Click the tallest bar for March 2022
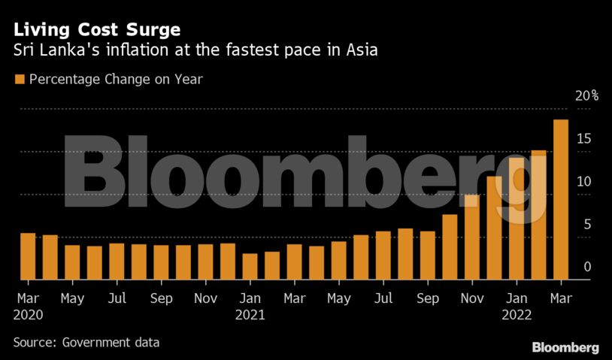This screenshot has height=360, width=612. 561,199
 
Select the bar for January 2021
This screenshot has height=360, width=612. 250,266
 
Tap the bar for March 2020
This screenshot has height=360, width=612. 28,256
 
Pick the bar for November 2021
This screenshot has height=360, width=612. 472,237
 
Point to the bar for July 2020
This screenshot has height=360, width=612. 117,261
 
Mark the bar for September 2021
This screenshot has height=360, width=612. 428,255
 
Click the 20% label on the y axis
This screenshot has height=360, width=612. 586,95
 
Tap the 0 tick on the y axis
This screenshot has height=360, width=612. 587,267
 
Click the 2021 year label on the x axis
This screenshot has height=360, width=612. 250,316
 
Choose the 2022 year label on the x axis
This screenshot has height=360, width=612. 517,316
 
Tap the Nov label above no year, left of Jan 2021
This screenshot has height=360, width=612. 206,298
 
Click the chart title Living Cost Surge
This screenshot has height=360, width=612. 97,31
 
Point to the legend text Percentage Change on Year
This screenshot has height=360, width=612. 116,78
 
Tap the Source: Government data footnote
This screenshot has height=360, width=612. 86,342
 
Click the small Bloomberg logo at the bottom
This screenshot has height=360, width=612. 565,347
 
